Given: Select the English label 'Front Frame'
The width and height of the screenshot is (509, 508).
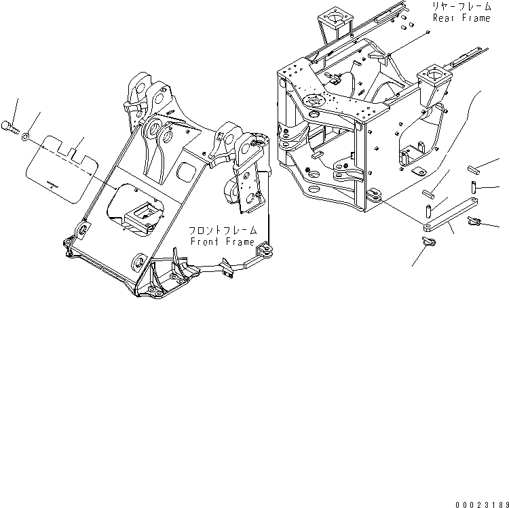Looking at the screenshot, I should (223, 242).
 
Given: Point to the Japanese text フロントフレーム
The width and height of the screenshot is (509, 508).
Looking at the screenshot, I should (223, 231).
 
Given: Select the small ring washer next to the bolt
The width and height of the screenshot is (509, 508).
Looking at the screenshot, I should (24, 137).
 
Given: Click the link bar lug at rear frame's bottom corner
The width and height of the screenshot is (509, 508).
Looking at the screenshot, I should (375, 195).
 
